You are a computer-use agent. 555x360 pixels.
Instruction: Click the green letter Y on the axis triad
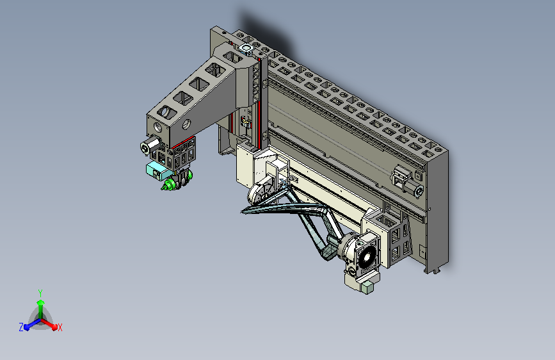40,293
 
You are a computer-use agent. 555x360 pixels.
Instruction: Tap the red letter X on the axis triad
60,327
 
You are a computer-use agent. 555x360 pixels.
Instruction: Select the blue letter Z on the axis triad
21,327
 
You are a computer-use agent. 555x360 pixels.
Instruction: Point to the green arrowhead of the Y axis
41,302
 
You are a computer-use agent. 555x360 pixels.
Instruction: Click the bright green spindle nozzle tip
165,187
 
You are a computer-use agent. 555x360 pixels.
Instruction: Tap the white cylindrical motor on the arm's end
150,145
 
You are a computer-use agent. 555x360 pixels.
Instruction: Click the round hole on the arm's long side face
186,124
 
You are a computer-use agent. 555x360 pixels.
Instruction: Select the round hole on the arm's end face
157,127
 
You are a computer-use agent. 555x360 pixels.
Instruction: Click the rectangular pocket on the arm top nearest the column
232,58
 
